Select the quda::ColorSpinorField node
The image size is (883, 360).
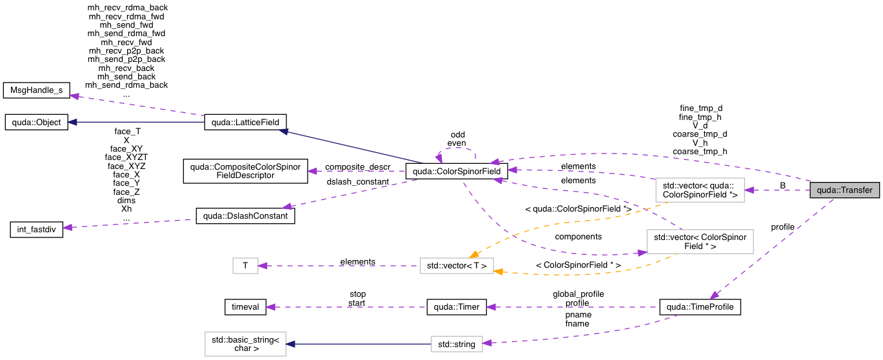(x=456, y=172)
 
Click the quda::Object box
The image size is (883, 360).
(x=35, y=122)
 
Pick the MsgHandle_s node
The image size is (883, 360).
(x=35, y=90)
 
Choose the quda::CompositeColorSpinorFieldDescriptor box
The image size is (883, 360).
(x=241, y=171)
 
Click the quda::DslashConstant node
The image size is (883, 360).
(x=245, y=216)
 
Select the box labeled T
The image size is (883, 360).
(x=244, y=265)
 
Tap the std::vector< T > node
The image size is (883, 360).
(x=457, y=265)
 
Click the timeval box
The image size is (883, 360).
(x=244, y=307)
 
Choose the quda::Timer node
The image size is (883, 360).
(x=457, y=307)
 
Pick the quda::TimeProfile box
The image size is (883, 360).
(x=700, y=307)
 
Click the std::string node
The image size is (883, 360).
(x=457, y=344)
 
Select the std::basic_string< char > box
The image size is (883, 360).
(x=241, y=344)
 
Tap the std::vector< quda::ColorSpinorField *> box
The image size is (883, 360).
(x=700, y=190)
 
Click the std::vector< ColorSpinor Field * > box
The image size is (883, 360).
(x=700, y=241)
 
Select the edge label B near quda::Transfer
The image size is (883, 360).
(x=782, y=185)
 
